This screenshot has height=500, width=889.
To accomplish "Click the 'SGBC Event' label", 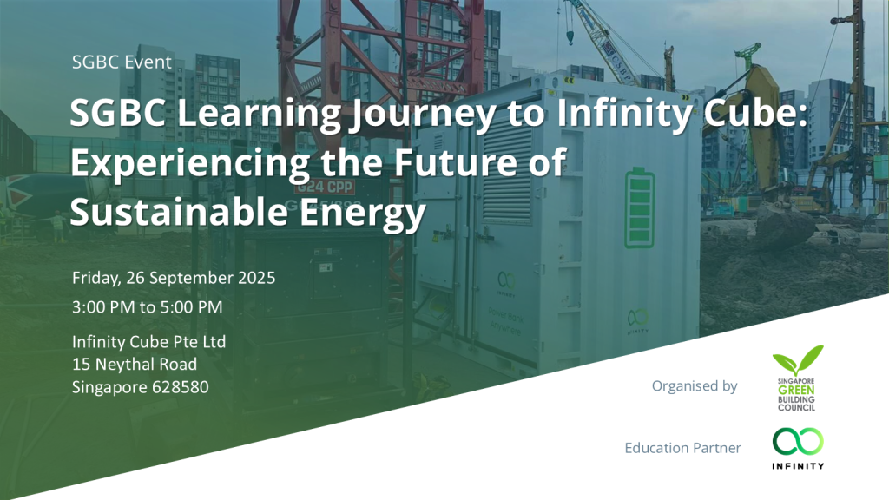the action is tap(122, 62).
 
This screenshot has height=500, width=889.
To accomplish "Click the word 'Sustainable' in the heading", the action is tap(179, 212).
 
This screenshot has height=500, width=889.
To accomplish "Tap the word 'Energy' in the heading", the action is tap(362, 214).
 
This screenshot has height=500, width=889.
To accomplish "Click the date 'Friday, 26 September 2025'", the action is tap(174, 278).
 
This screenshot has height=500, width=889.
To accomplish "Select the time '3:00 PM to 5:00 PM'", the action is tap(148, 307).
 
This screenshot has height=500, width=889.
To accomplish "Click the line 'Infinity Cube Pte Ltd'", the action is tap(149, 342).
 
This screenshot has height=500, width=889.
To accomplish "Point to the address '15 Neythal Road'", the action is tap(135, 365).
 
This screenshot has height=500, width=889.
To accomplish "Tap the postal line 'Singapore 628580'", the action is tap(140, 387).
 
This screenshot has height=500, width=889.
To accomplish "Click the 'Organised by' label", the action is tap(695, 386).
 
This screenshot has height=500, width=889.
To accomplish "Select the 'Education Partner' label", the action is tap(682, 448).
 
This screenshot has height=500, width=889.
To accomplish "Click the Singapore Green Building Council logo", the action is tap(797, 378).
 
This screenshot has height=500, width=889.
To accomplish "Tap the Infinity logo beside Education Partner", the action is tap(798, 449).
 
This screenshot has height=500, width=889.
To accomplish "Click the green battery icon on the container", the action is tap(640, 208).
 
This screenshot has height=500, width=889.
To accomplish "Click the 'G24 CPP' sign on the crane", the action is tap(325, 187).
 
